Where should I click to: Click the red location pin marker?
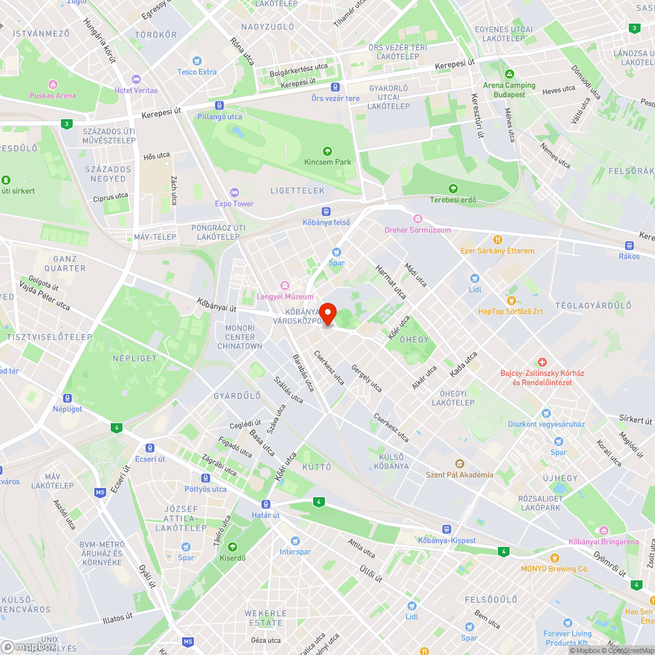click(327, 314)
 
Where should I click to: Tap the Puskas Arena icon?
click(52, 84)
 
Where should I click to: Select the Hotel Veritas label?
click(136, 90)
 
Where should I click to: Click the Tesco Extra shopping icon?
click(196, 61)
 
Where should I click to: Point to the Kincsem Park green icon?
click(327, 151)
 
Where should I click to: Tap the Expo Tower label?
click(234, 204)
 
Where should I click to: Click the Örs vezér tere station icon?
click(335, 87)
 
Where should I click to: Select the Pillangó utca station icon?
click(219, 105)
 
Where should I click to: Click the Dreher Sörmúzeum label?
click(418, 230)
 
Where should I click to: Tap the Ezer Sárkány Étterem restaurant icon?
click(498, 240)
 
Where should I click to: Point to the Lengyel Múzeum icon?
click(284, 286)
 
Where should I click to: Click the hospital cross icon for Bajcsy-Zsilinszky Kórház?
click(542, 362)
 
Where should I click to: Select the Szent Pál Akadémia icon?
click(459, 464)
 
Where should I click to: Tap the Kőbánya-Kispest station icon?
click(447, 529)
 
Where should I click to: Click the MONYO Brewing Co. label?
click(555, 569)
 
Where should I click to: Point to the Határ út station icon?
click(266, 504)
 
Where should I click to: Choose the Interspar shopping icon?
click(295, 541)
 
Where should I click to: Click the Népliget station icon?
click(67, 398)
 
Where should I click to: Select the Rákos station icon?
click(629, 245)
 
